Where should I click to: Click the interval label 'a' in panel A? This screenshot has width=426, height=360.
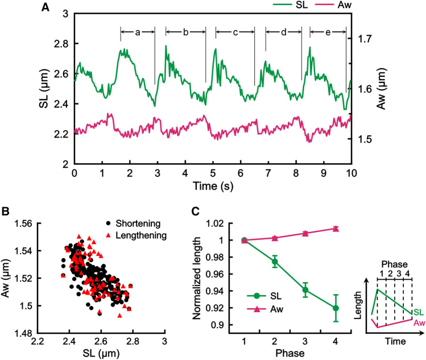click(x=138, y=33)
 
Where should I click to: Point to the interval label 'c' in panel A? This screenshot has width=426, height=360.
click(x=235, y=33)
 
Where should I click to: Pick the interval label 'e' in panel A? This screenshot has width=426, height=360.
click(x=329, y=33)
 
